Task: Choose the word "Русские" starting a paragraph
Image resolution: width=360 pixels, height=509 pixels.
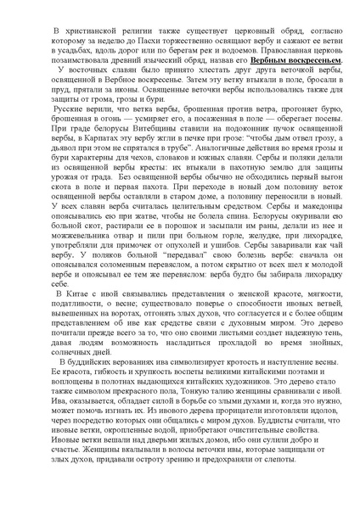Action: (51, 133)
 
